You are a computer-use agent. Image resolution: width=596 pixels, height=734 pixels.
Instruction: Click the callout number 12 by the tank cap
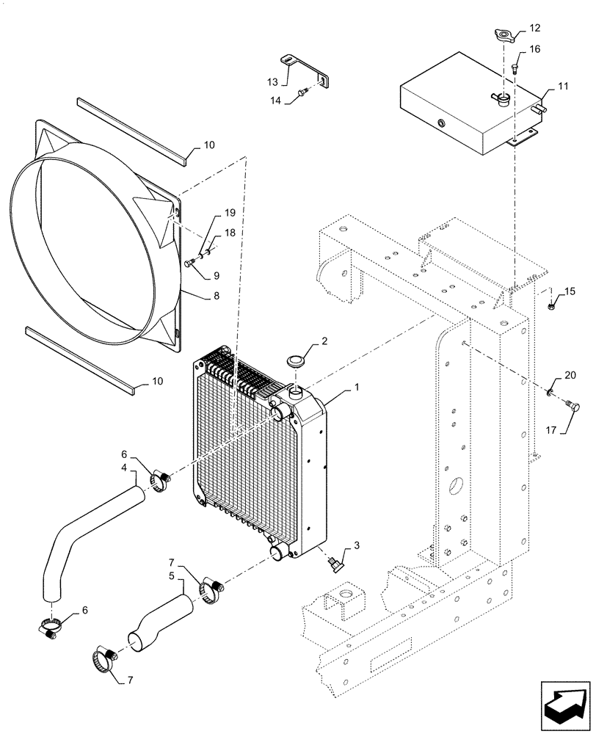pos(534,28)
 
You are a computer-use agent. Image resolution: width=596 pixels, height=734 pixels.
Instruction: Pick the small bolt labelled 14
pos(302,92)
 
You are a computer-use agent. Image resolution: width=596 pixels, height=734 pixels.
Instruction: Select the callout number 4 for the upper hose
pos(124,468)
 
